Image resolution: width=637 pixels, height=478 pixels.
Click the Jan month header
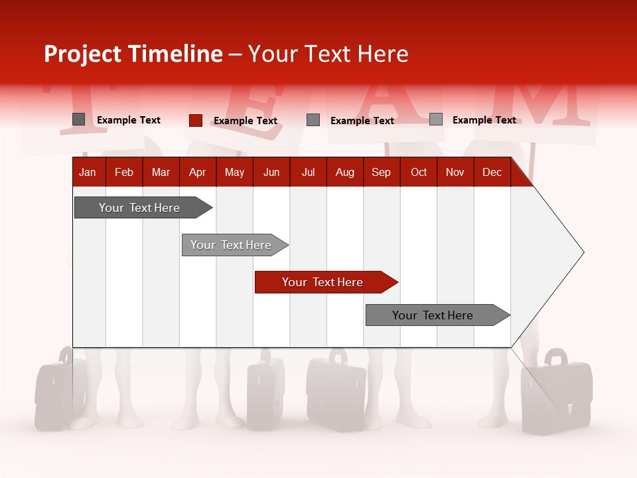[x=88, y=172]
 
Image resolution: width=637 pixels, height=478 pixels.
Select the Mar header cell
[x=161, y=172]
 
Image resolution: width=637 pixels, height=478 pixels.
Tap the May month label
[x=234, y=172]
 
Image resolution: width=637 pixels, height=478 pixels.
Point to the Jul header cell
[x=308, y=172]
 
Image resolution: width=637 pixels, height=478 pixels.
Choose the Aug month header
[x=344, y=172]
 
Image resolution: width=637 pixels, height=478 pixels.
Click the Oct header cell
[x=418, y=172]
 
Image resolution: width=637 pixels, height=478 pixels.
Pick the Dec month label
[x=492, y=172]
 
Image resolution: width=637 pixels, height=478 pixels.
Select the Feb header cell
[x=124, y=172]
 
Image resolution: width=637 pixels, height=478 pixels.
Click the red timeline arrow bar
[x=325, y=282]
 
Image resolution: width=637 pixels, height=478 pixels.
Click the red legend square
[x=195, y=120]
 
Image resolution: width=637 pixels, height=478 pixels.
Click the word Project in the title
[x=83, y=54]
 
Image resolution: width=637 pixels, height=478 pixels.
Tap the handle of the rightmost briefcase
[x=556, y=357]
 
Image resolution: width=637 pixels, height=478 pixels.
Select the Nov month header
[x=455, y=172]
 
